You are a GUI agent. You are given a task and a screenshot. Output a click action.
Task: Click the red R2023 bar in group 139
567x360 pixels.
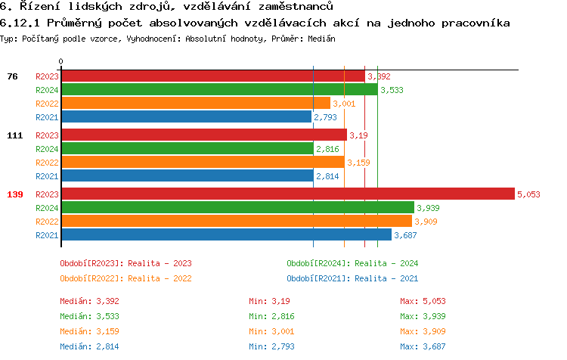coord(287,194)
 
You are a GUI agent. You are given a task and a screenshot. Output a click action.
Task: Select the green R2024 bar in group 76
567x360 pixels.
coord(219,89)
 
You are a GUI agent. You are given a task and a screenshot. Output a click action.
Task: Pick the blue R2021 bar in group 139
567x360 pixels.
coord(226,234)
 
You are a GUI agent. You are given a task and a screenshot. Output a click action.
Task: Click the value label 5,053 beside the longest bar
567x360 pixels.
coord(528,194)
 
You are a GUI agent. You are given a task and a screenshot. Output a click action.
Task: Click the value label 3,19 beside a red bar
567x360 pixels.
coord(358,135)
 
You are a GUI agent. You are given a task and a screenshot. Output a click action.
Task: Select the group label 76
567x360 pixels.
coord(12,76)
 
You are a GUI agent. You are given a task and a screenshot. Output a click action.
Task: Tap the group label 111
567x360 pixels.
coord(14,135)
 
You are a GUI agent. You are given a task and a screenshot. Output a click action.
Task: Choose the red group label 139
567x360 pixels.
coord(14,194)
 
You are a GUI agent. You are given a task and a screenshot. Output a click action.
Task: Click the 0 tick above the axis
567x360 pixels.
coord(61,61)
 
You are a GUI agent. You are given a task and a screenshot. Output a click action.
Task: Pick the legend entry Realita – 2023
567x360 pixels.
coord(125,263)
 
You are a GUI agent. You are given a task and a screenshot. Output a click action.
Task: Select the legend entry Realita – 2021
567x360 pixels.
coord(352,278)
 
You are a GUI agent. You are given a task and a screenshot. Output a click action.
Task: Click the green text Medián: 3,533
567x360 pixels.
coord(89,316)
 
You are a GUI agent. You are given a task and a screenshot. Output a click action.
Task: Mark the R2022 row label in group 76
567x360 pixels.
coord(47,104)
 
